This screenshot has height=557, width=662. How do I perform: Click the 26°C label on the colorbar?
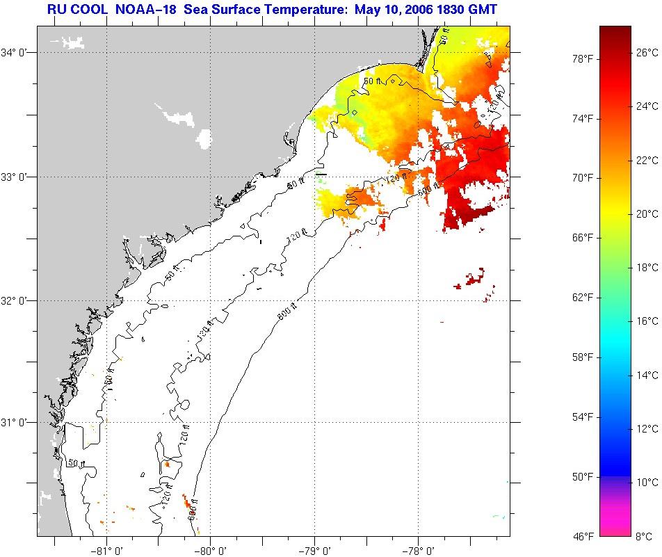click(x=647, y=52)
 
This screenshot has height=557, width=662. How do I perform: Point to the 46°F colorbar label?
click(x=582, y=535)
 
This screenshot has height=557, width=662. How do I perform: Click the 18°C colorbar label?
click(x=647, y=267)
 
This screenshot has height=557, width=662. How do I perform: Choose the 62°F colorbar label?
click(x=582, y=297)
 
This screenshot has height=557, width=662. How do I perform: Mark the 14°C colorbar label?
click(x=647, y=375)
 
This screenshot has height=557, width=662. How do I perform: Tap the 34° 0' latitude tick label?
click(x=17, y=52)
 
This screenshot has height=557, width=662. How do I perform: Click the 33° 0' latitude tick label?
click(x=17, y=177)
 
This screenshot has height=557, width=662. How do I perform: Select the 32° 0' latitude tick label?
click(x=17, y=300)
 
